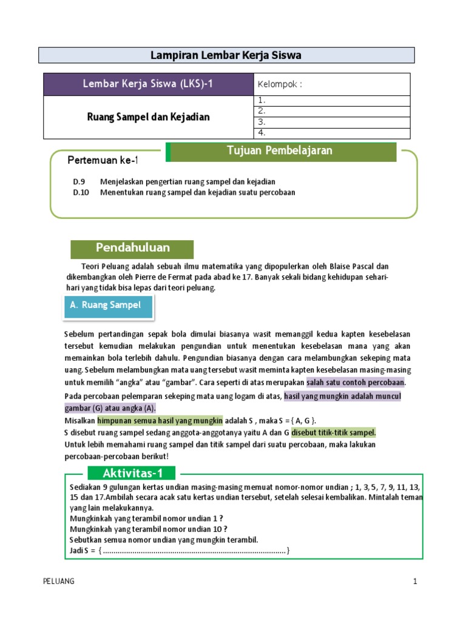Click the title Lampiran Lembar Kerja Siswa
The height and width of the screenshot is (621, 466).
pos(226,56)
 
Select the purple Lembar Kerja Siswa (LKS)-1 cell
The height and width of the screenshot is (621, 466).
pos(147,84)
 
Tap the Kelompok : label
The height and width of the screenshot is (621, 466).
pos(280,84)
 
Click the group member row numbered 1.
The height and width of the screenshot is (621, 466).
pos(331,101)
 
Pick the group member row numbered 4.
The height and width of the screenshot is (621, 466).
pos(331,133)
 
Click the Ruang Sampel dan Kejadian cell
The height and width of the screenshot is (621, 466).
pos(147,117)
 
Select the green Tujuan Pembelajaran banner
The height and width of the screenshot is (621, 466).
pos(283,152)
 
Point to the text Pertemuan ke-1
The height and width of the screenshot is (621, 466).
pos(103,160)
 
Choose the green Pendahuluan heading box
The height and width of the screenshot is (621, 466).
pos(132,249)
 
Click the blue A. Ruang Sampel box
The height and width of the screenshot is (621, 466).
pos(109,306)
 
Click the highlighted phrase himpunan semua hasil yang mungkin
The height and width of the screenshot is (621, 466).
pos(160,420)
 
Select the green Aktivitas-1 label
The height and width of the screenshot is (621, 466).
pos(131,474)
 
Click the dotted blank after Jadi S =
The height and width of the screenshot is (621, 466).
pos(194,551)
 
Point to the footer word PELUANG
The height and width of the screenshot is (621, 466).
pos(59,581)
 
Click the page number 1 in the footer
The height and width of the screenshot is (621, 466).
pos(415,581)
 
